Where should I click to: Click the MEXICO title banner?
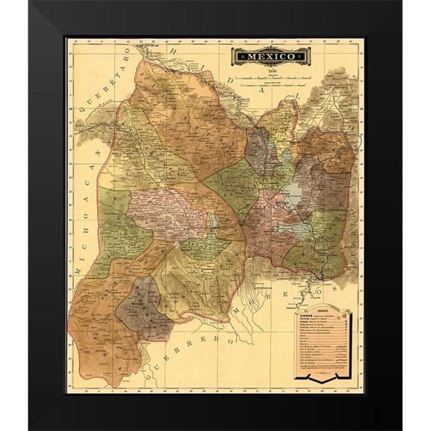[x=269, y=55]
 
